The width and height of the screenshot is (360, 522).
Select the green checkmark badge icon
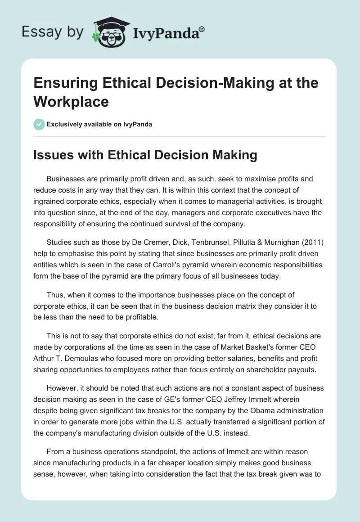point(39,124)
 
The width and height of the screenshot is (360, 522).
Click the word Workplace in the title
point(71,101)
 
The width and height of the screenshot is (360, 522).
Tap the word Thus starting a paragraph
point(54,295)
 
